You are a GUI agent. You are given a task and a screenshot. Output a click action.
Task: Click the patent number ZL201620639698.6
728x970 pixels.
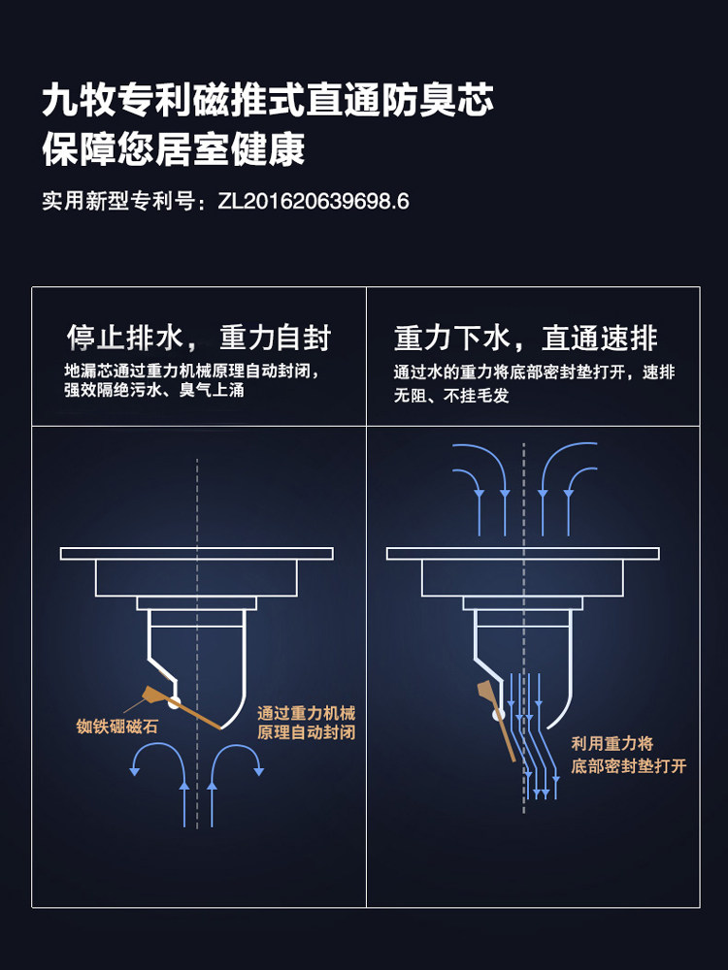tap(314, 202)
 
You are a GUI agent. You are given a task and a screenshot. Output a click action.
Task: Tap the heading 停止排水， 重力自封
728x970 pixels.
tap(198, 339)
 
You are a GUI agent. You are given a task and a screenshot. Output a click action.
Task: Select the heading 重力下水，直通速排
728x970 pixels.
tap(525, 339)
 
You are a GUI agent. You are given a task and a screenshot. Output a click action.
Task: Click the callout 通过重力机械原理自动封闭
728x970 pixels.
tap(306, 723)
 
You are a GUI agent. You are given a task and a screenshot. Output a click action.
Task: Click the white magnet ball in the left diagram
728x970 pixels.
tap(175, 701)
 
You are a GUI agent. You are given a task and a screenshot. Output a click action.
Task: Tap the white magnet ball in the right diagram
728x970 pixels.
tap(498, 715)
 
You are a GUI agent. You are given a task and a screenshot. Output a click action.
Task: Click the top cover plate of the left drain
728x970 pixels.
tap(197, 553)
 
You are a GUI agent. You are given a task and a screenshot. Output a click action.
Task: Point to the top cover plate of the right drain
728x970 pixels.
tap(523, 553)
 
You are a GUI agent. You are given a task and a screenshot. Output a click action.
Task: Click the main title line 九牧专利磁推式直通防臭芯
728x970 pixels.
tap(268, 101)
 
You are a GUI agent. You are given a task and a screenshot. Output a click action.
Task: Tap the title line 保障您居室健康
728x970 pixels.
tap(174, 149)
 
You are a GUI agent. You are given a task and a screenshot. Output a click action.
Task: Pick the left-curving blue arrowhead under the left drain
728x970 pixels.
tap(135, 770)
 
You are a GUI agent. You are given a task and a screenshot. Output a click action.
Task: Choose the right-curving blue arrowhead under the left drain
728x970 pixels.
tap(259, 770)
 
